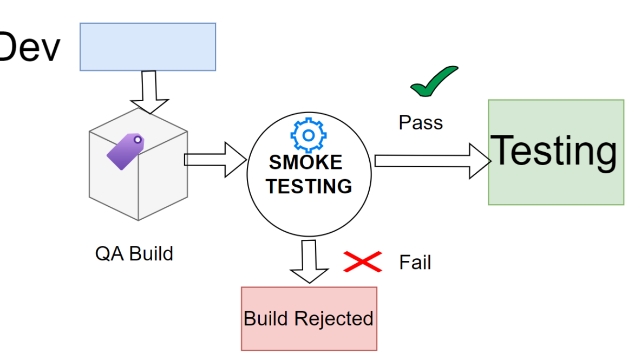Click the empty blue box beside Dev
click(148, 47)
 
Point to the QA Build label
click(134, 253)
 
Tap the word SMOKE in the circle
click(306, 162)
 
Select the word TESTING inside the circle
click(309, 186)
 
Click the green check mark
click(433, 82)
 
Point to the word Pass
click(421, 123)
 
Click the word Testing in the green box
click(553, 151)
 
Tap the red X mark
click(363, 262)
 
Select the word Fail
click(415, 263)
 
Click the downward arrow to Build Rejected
click(309, 262)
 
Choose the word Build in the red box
click(265, 318)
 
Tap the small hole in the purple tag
click(138, 140)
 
